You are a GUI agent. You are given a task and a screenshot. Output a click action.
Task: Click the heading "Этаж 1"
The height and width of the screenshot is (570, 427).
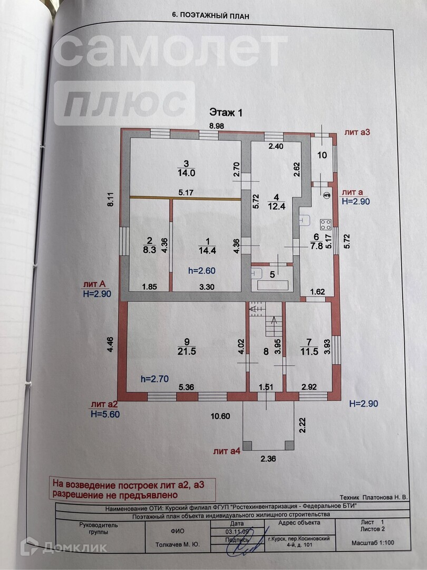tap(226, 112)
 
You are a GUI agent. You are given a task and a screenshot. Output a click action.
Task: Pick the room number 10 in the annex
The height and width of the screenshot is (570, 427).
tap(322, 155)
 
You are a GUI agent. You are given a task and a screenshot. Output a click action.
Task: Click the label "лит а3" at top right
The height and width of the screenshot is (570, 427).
tap(357, 132)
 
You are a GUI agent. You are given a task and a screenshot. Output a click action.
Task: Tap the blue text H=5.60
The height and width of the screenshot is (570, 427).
tap(105, 414)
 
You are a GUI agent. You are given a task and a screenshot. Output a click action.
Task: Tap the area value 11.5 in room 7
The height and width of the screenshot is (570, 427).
tap(309, 351)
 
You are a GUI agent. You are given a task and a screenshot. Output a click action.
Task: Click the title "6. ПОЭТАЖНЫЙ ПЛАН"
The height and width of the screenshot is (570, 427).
tap(210, 16)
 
